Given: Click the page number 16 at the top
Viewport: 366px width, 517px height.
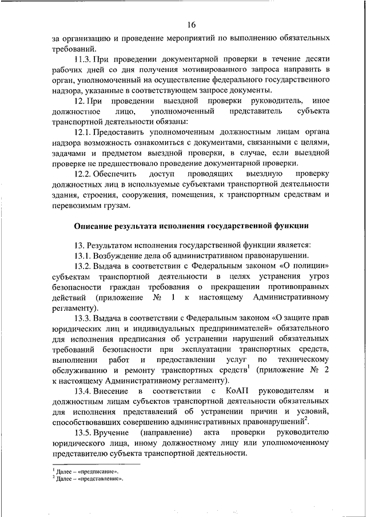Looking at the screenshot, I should coord(191,24).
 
